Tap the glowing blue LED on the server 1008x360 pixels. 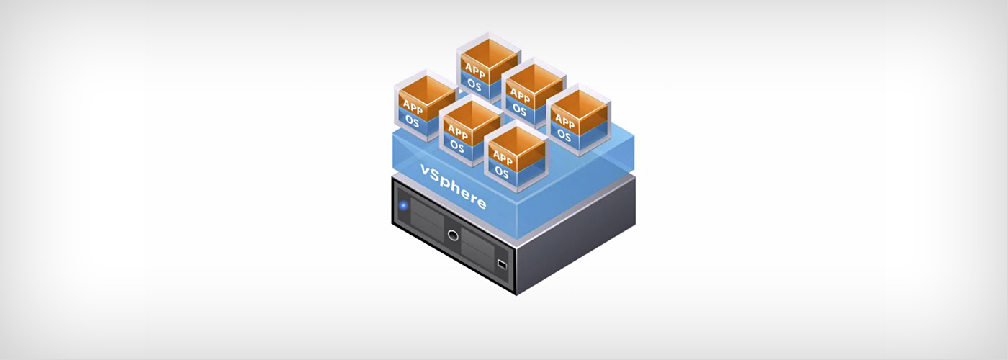click(x=403, y=206)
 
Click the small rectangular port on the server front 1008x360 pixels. click(x=502, y=264)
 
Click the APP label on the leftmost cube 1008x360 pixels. click(x=413, y=106)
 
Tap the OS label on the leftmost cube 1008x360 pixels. click(x=412, y=122)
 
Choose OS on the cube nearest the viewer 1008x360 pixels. click(x=501, y=173)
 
